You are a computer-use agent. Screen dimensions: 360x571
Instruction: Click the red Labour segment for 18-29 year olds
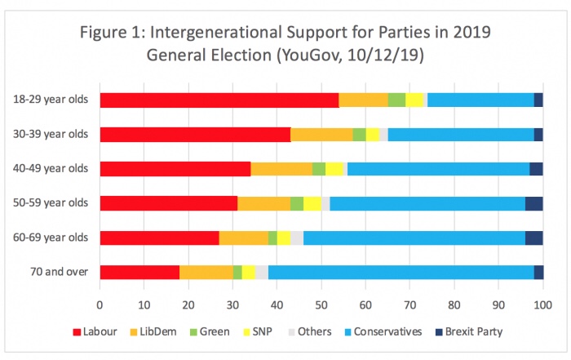[219, 100]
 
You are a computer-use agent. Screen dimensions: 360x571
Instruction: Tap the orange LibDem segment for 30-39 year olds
[321, 134]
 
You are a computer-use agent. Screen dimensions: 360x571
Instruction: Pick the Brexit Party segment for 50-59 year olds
[533, 203]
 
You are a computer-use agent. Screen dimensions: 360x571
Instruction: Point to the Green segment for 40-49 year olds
[319, 169]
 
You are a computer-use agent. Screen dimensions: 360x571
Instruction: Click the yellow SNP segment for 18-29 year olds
[414, 100]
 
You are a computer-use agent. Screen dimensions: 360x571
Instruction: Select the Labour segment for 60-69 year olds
[159, 238]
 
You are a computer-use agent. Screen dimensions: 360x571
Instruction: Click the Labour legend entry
[96, 332]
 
